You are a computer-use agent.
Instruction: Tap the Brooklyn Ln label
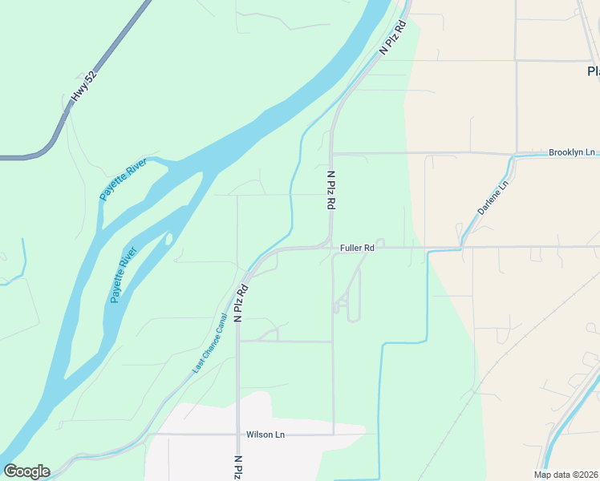pos(572,152)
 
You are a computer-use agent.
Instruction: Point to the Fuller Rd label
pos(357,248)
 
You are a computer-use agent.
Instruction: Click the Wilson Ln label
pos(265,435)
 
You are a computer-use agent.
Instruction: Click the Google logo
pos(26,471)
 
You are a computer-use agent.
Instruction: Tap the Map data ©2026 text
pos(566,475)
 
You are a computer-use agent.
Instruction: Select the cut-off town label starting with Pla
pos(593,71)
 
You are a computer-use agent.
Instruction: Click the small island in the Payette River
pos(168,238)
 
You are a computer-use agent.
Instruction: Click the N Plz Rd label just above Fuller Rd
pos(330,190)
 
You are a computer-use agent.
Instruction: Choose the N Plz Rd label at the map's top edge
pos(394,37)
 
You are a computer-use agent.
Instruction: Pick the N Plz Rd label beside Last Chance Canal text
pos(240,302)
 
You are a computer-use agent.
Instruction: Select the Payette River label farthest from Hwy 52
pos(124,275)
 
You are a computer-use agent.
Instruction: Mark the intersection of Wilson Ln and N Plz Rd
pos(238,435)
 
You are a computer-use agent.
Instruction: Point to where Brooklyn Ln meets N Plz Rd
pos(332,152)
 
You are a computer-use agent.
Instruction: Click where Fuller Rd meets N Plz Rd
pos(331,246)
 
